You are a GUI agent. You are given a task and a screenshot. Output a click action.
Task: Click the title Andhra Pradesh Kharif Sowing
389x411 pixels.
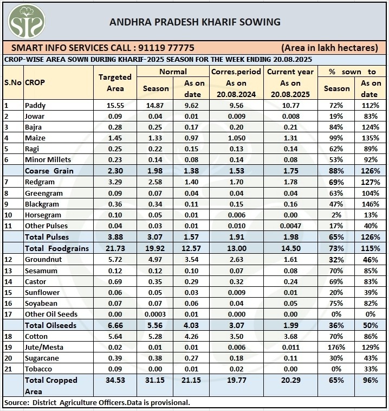coord(195,22)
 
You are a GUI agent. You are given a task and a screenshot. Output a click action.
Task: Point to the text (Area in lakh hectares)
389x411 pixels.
coord(329,48)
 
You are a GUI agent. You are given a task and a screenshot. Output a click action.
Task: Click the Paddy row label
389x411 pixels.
coord(35,105)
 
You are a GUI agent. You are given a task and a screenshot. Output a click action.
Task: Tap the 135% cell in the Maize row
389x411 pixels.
coord(371,138)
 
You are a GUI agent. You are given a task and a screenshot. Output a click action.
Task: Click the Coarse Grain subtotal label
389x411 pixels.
coord(49,171)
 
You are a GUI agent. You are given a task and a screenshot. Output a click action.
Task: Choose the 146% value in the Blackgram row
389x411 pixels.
coord(371,204)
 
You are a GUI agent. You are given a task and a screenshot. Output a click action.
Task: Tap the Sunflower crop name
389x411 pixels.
coord(40,292)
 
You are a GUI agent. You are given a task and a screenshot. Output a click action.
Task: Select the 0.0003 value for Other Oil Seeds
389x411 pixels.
coord(155,314)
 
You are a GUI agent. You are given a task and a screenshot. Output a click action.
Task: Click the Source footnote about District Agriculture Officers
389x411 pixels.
coord(96,403)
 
